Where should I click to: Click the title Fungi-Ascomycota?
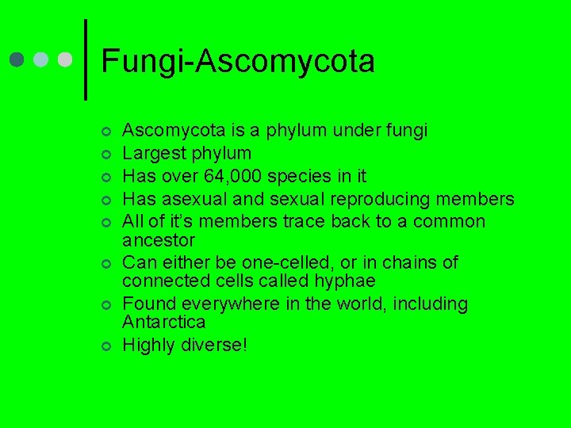click(x=238, y=61)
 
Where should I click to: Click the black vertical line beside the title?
click(x=85, y=59)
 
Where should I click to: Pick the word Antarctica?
click(x=164, y=322)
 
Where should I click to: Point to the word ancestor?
click(x=159, y=239)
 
